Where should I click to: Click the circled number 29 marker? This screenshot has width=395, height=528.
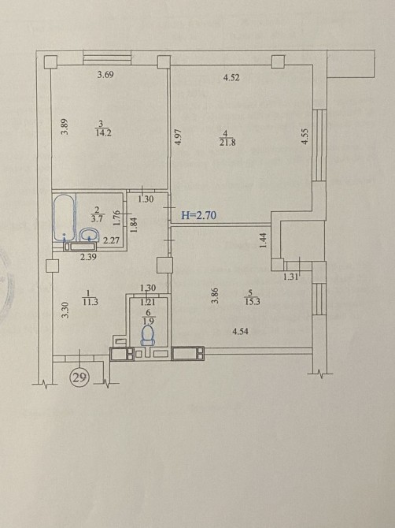coord(79,377)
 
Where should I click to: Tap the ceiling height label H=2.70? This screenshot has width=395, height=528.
coord(198,215)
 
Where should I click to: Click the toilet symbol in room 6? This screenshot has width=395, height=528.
coord(148,335)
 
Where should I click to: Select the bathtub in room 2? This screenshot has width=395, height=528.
coord(64,218)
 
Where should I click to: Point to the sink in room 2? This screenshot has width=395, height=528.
coord(90,235)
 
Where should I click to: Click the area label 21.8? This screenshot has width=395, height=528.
coord(228,143)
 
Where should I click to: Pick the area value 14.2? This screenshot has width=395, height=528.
coord(103,132)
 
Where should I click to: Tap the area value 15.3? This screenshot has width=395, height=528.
coord(253,302)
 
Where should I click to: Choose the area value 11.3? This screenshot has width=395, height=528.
coord(90,302)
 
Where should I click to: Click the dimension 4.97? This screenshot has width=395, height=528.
coord(179,137)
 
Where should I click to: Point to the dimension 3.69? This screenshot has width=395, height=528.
coord(105,75)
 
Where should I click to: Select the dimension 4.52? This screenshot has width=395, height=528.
coord(231,78)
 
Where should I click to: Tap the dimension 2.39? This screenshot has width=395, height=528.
coord(89,257)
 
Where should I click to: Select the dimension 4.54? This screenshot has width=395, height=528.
coord(240,332)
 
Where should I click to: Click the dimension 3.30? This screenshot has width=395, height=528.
coord(66,310)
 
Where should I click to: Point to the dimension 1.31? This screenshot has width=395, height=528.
coord(290,277)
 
